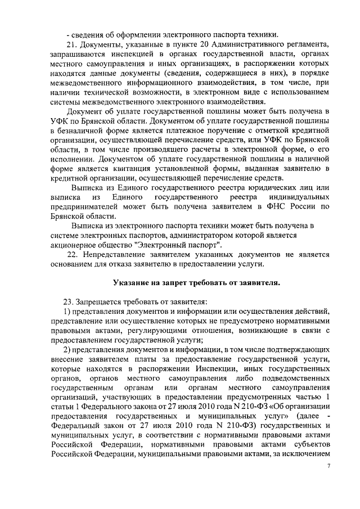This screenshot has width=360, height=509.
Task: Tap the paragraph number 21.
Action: pyautogui.click(x=71, y=43)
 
